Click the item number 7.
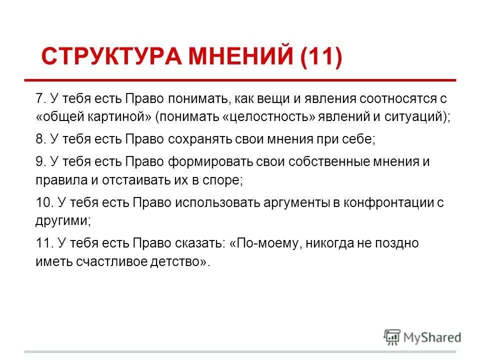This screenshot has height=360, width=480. click(40, 98)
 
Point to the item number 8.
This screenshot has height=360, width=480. click(40, 139)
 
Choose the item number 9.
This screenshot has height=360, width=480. click(40, 162)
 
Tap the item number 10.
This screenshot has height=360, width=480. click(43, 203)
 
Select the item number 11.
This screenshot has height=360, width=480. click(43, 243)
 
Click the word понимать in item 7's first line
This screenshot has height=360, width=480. click(199, 98)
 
